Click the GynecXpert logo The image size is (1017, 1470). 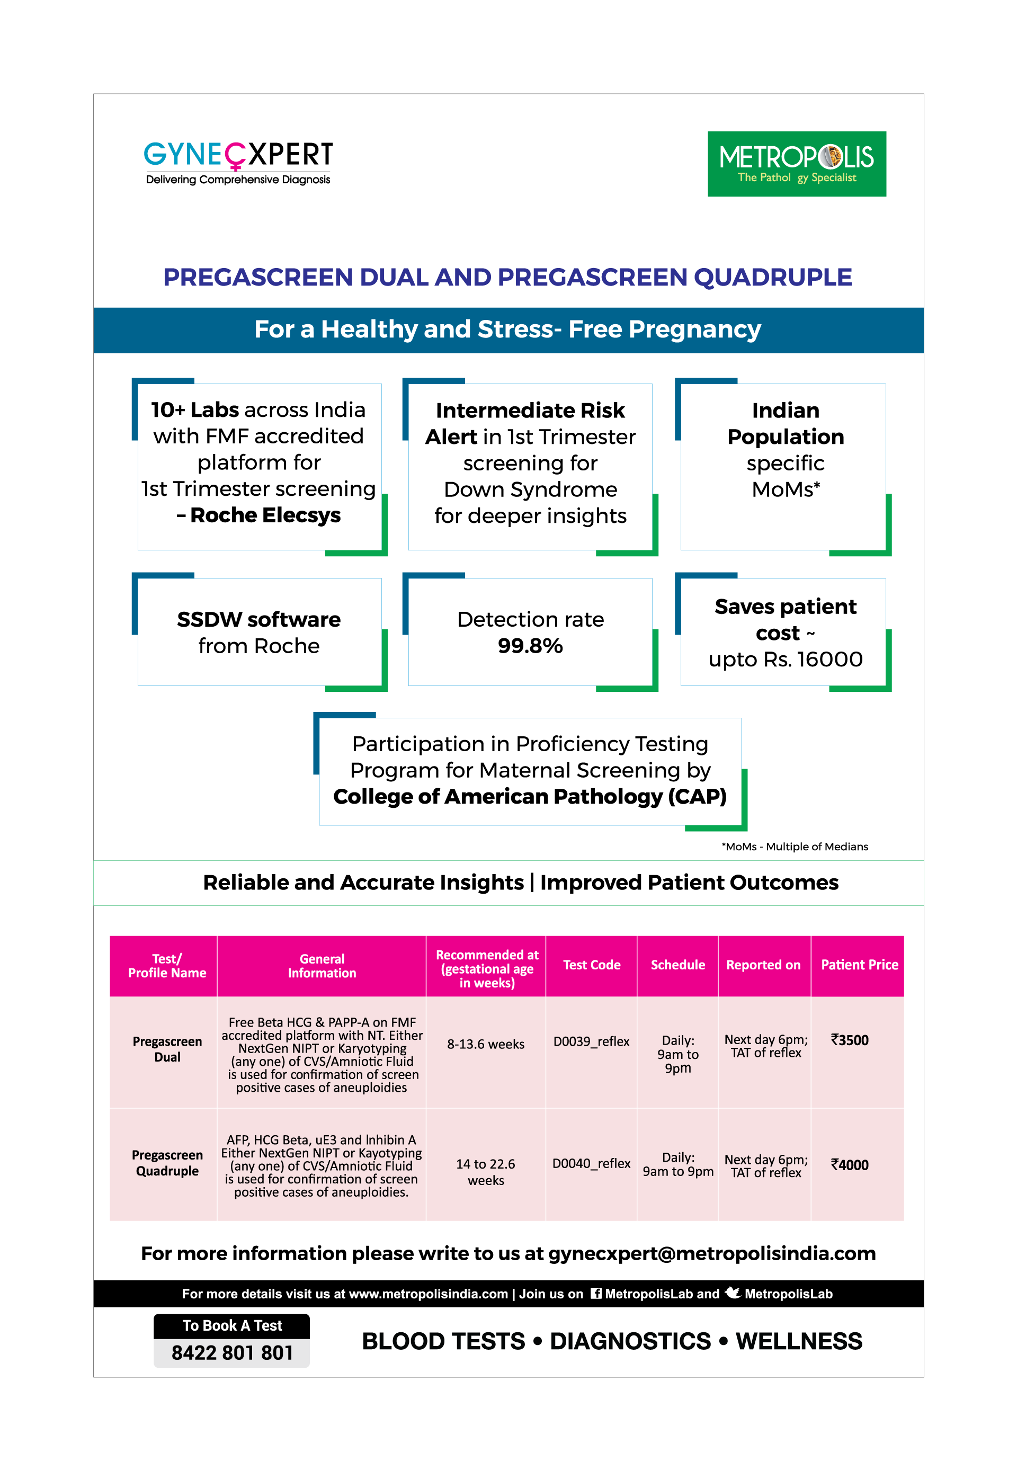(238, 163)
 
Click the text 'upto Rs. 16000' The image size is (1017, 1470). (785, 660)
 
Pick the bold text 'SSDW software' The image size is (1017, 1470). (258, 619)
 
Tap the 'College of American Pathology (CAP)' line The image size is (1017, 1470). (530, 797)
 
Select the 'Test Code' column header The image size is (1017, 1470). (591, 965)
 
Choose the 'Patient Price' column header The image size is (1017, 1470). (859, 965)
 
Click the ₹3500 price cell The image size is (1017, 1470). (850, 1040)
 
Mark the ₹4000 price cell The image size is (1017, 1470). (850, 1165)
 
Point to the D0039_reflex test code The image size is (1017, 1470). (591, 1041)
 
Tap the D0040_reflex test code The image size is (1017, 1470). (591, 1163)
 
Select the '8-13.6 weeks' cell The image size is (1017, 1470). (486, 1044)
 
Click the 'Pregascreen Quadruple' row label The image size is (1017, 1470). (167, 1163)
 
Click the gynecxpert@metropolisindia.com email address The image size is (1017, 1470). (712, 1253)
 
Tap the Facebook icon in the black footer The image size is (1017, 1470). (596, 1293)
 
